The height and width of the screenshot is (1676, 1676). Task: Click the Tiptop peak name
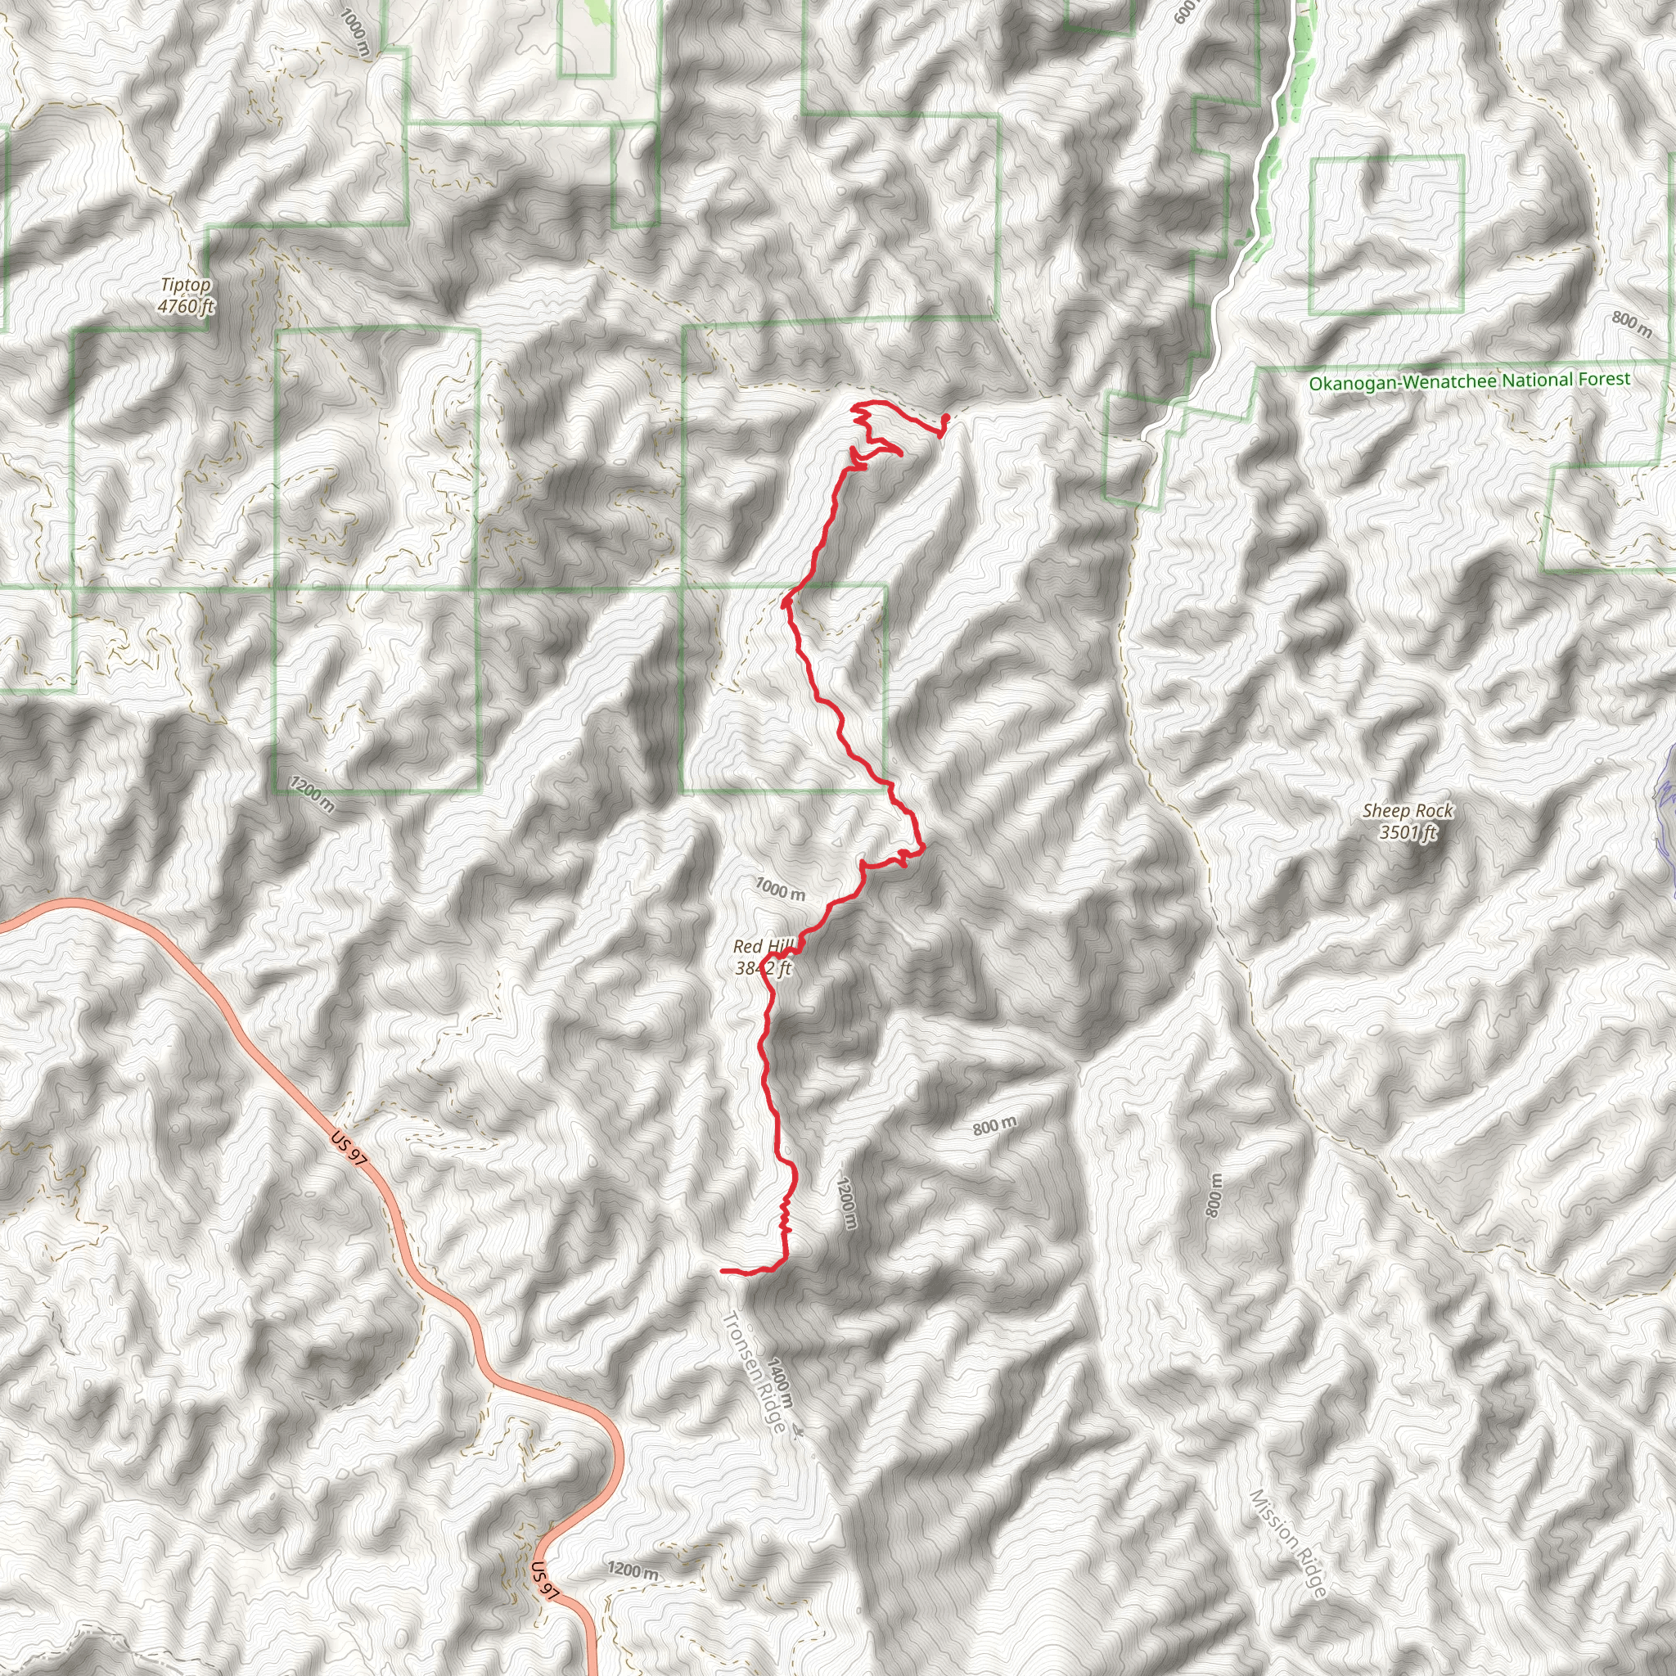[186, 286]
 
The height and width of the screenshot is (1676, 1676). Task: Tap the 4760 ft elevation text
[186, 305]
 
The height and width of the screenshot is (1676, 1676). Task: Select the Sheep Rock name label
[1407, 811]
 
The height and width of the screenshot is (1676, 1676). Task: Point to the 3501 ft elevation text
[1407, 833]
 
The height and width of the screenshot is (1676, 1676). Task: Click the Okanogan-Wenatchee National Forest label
[1470, 381]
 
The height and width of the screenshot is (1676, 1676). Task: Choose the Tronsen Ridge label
[754, 1371]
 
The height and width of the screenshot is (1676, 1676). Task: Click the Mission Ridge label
[1288, 1543]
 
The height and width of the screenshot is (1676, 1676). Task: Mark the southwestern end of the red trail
[723, 1271]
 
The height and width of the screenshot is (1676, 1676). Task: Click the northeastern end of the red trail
[945, 418]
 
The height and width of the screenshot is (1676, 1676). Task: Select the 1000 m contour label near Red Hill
[779, 890]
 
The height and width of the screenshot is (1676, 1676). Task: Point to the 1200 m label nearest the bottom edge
[633, 1570]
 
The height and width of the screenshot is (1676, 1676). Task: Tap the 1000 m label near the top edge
[355, 34]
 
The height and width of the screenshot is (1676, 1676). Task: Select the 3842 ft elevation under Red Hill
[764, 968]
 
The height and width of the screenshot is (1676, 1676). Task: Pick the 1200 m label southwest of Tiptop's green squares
[312, 795]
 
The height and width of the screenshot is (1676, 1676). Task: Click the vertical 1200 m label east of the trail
[847, 1202]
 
